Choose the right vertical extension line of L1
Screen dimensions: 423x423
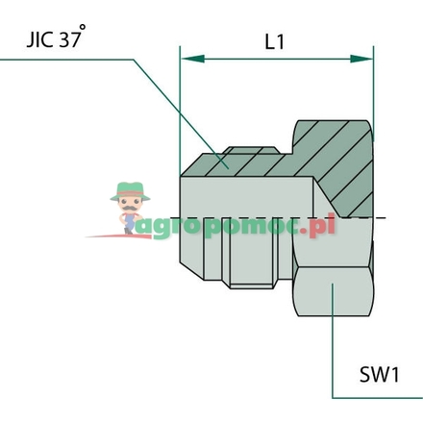pyautogui.click(x=374, y=87)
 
